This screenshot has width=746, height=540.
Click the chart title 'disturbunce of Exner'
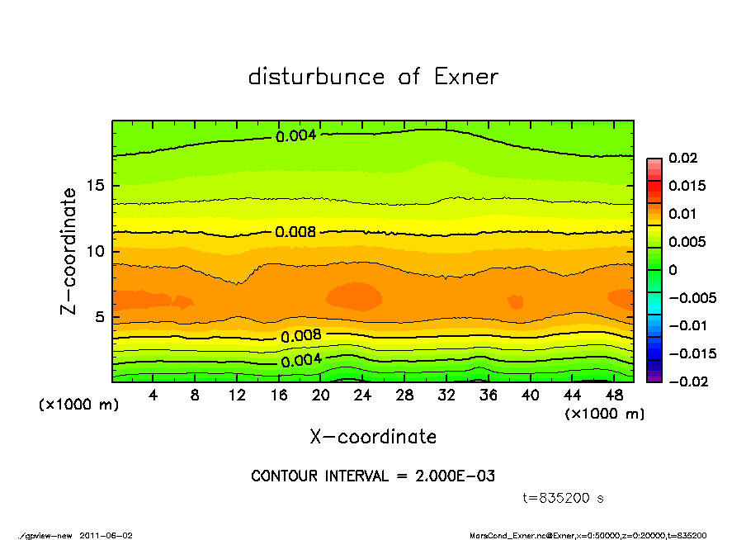pos(373,77)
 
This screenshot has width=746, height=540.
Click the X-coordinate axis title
pos(373,436)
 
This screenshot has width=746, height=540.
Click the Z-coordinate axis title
pos(69,250)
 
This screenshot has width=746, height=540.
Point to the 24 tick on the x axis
pos(362,396)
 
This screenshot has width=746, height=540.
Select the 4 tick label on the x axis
pos(153,396)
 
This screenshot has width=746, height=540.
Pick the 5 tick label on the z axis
pos(102,317)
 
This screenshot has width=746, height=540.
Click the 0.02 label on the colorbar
pos(684,158)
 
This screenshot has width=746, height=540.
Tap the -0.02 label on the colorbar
pos(690,381)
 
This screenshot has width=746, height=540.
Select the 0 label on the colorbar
pos(673,270)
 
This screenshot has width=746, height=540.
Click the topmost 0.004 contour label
pos(296,135)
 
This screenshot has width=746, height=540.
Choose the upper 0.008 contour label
pos(296,232)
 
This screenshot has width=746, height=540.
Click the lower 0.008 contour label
pos(301,336)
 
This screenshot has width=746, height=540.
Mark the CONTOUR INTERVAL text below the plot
pos(373,476)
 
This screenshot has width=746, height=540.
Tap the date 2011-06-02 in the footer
pos(106,535)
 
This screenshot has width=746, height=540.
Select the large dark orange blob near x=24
pos(354,296)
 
